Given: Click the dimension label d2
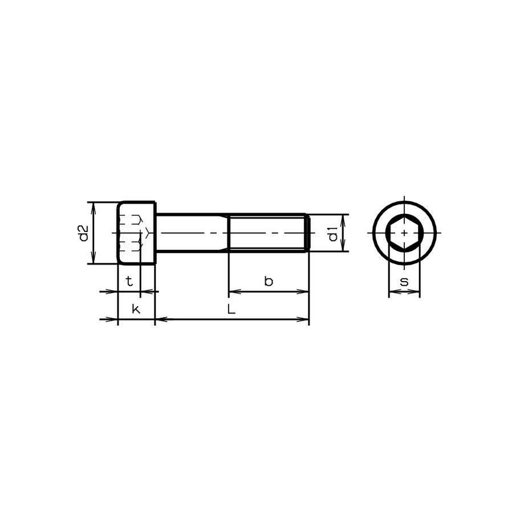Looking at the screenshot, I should click(83, 233).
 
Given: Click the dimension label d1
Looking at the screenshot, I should click(333, 233).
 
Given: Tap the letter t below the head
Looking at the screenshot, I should click(129, 281).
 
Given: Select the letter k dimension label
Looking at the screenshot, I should click(135, 309).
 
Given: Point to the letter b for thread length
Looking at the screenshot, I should click(269, 281).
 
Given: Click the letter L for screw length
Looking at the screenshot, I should click(230, 310).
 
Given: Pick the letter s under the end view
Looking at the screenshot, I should click(404, 281).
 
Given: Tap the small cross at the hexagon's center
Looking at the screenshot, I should click(404, 233).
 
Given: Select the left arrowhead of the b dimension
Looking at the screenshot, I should click(233, 292).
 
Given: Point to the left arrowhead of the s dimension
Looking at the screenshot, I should click(392, 292).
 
